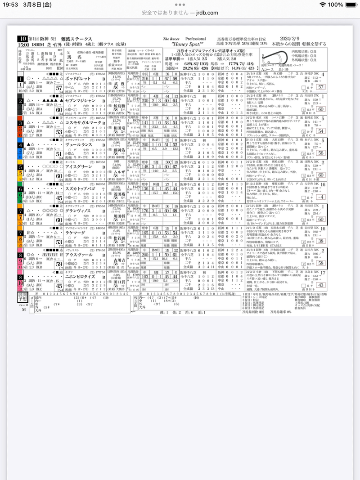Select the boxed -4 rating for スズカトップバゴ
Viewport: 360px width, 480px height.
(x=320, y=197)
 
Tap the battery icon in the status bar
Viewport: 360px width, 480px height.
(x=348, y=4)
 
